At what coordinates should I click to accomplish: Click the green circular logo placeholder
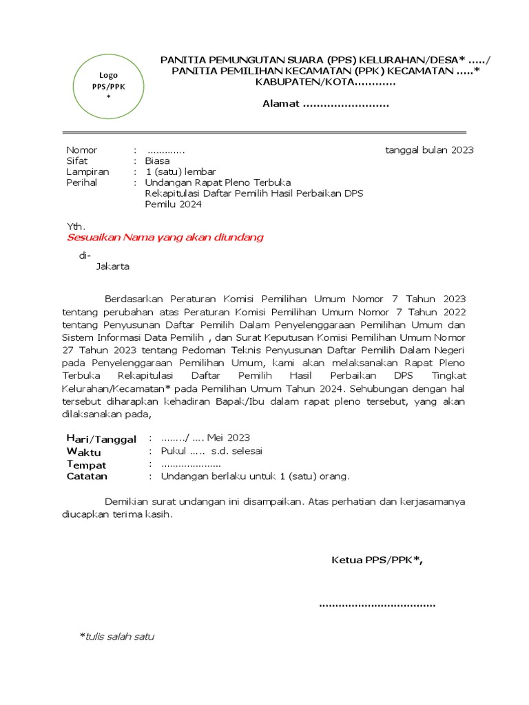pos(108,86)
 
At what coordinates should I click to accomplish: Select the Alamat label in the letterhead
pos(281,104)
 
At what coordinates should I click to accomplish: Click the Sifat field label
pos(76,160)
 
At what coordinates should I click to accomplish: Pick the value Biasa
pos(157,160)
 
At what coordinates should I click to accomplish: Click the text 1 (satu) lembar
pos(181,171)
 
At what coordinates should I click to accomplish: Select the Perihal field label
pos(81,182)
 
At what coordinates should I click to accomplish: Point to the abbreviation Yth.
pos(75,227)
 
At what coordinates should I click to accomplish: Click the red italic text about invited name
pos(165,238)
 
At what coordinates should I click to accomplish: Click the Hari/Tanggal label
pos(101,439)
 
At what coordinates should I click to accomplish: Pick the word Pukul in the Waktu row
pos(173,451)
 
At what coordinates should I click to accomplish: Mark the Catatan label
pos(87,476)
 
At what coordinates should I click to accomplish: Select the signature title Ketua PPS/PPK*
pos(377,560)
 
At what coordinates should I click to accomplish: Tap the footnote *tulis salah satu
pos(116,636)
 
